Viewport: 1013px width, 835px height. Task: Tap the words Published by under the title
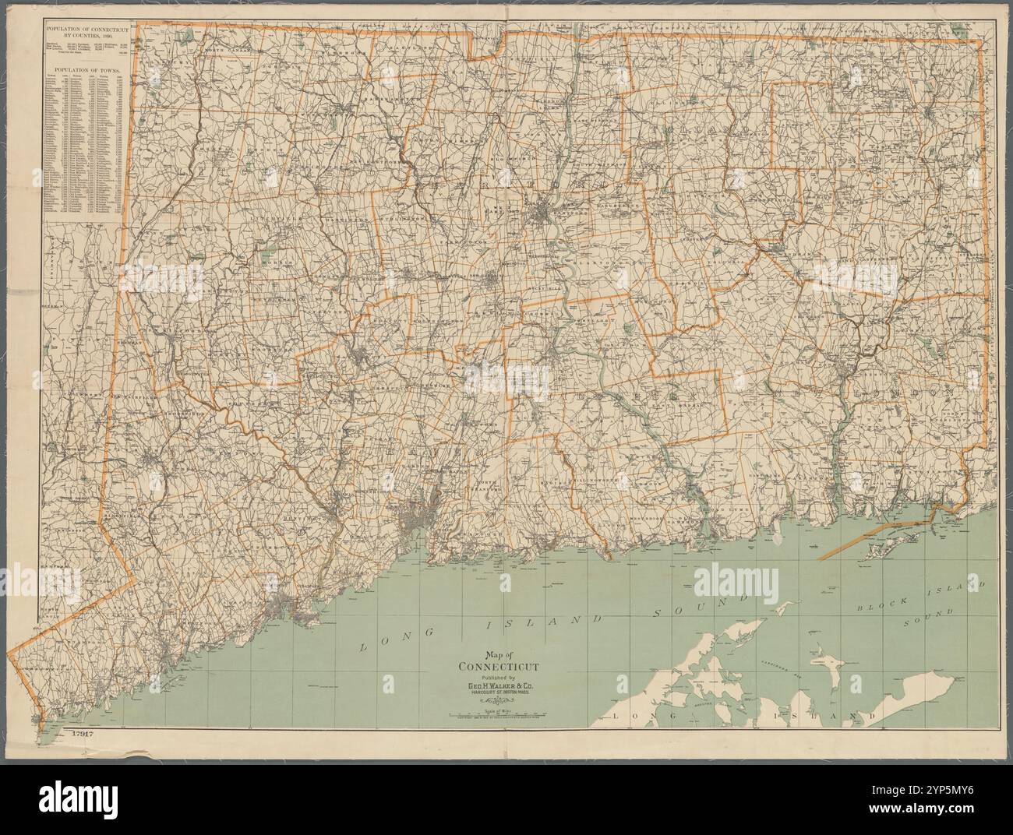(496, 678)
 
